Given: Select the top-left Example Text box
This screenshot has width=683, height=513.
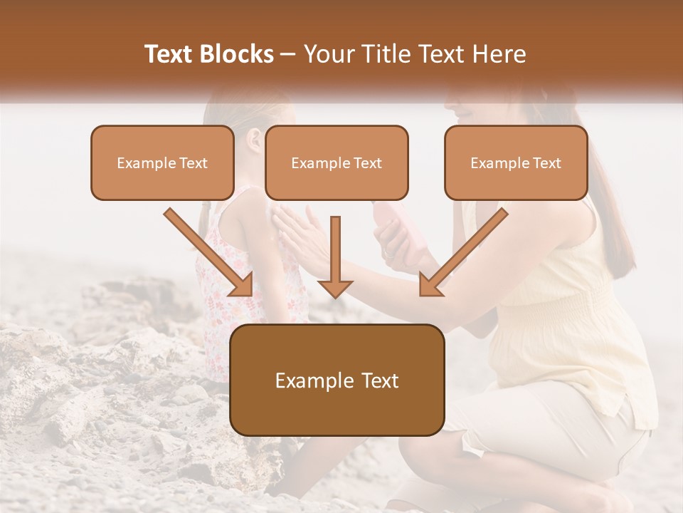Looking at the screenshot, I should coord(162,162).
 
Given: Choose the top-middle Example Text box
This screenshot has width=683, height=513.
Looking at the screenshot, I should coord(337,162).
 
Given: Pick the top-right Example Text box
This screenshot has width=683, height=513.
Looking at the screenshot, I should coord(516,162).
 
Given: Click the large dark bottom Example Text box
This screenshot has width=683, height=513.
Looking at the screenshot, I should coord(337,380).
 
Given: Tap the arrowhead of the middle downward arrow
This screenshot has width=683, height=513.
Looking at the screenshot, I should coord(335,287).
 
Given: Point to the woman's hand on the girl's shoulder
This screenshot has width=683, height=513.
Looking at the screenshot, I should coord(295,232).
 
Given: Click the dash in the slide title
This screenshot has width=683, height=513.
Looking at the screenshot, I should coord(288,55).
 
